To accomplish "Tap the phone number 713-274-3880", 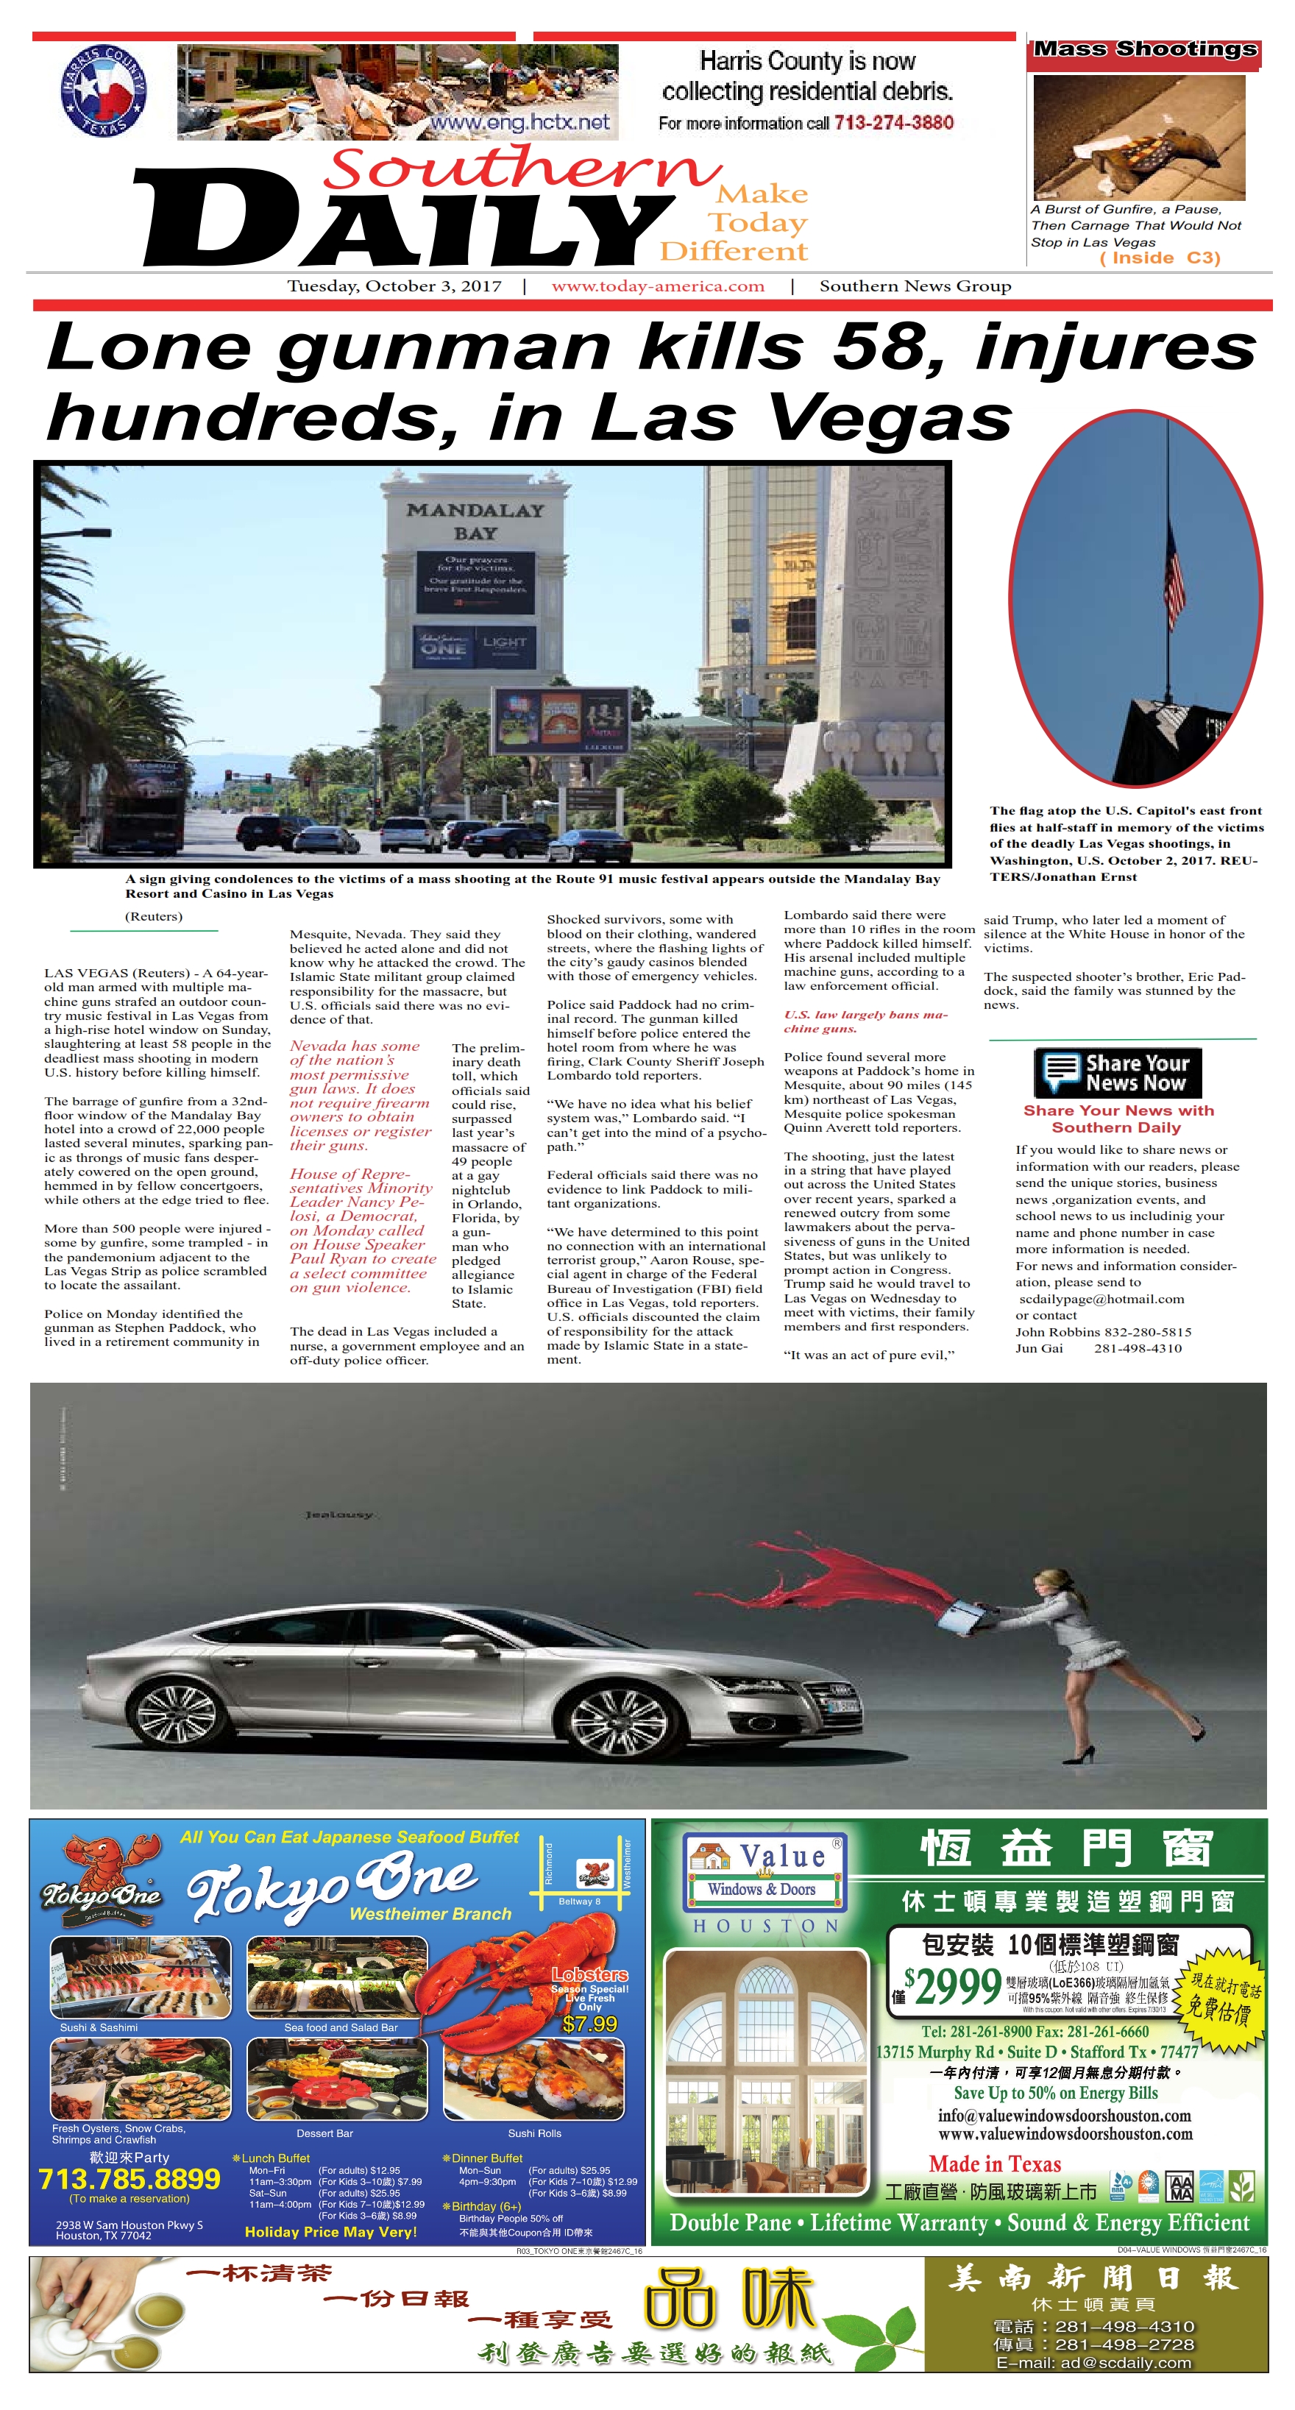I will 893,123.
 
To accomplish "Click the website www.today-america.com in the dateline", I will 658,286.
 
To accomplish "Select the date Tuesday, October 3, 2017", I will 394,286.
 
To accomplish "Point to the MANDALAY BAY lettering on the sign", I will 475,521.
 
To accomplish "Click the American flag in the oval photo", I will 1174,569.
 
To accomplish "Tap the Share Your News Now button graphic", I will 1117,1072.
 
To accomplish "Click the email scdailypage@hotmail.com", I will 1101,1299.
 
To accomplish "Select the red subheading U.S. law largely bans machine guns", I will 865,1021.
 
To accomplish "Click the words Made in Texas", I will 995,2164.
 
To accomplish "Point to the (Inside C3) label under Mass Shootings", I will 1160,258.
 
